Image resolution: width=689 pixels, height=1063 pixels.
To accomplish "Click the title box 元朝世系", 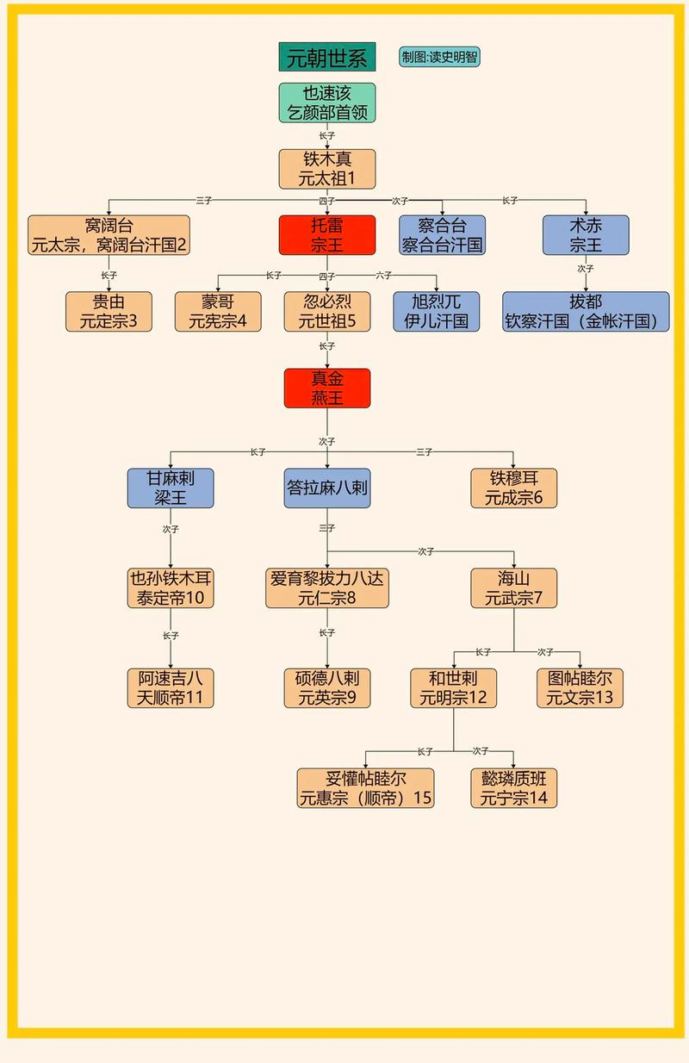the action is (326, 58).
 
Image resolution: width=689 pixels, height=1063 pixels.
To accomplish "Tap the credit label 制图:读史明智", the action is (439, 58).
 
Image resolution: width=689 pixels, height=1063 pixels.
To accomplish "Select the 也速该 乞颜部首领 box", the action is (326, 103).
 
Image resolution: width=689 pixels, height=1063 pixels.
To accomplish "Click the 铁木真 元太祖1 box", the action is (326, 169).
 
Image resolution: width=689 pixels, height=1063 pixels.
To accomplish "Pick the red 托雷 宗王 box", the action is (326, 235).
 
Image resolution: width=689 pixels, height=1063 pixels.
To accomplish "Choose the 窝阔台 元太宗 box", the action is (109, 235).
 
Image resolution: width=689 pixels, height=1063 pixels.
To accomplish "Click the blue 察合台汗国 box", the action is (442, 235).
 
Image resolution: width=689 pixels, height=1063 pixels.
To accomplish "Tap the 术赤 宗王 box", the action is (586, 235).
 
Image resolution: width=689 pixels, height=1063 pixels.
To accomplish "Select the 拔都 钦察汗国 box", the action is (586, 312).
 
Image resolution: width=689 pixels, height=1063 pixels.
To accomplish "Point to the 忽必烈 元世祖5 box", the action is (326, 312).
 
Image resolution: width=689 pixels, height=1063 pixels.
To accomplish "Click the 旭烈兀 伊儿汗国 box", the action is (436, 312).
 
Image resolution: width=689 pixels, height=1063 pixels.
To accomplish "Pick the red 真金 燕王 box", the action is (326, 389).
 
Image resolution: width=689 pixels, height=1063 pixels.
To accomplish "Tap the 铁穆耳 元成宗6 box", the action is (513, 488).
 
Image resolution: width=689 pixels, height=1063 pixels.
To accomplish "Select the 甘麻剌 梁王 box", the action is (170, 488).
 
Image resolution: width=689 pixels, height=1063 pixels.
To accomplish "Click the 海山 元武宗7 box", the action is (513, 588).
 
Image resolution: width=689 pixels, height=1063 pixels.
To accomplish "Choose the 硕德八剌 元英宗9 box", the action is (326, 688).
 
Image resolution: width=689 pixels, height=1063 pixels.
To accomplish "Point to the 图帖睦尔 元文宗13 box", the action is (580, 688).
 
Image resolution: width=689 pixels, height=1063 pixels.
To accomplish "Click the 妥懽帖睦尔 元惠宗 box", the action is (365, 788).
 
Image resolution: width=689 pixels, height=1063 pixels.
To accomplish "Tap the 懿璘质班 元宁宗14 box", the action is (513, 788).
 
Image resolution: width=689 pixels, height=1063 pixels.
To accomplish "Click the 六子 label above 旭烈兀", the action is (383, 276).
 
